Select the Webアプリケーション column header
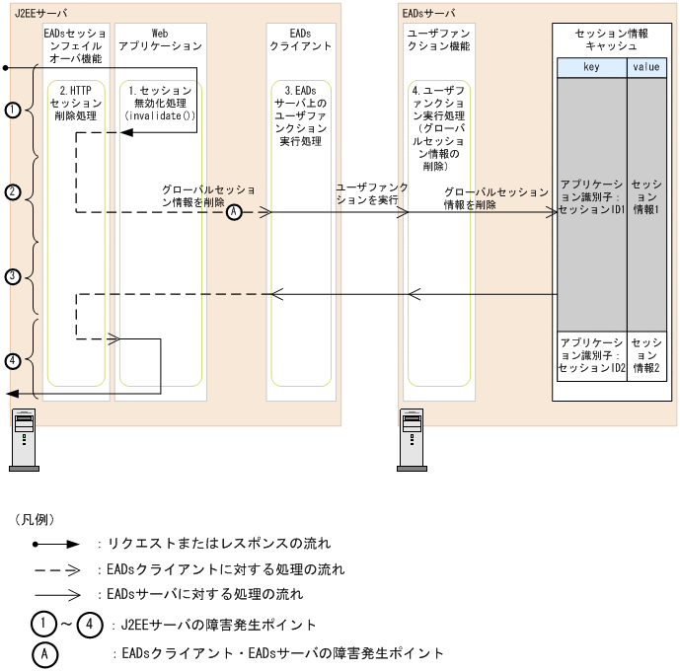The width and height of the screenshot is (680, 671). coord(159,39)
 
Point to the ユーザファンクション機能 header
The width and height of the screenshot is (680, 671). coord(436,39)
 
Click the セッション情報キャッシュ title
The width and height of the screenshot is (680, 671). coord(610,39)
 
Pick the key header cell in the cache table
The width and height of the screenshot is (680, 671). coord(590,67)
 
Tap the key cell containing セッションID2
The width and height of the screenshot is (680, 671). coord(590,354)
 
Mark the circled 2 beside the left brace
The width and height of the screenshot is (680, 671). coord(13,193)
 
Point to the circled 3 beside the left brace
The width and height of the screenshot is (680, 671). coord(13,277)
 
